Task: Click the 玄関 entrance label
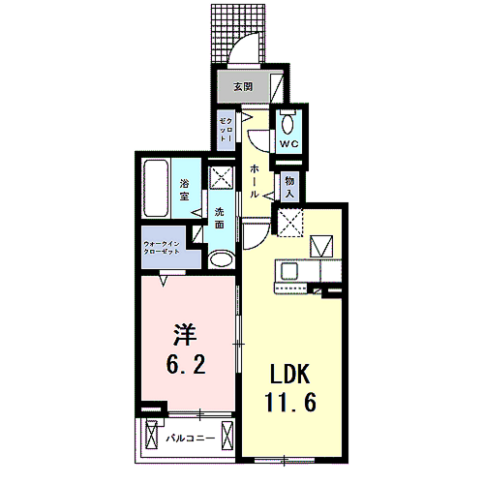click(243, 87)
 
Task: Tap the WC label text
click(287, 144)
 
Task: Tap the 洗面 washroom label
click(221, 218)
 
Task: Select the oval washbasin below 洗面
click(222, 259)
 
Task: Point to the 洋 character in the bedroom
click(186, 337)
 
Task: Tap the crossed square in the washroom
click(223, 178)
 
